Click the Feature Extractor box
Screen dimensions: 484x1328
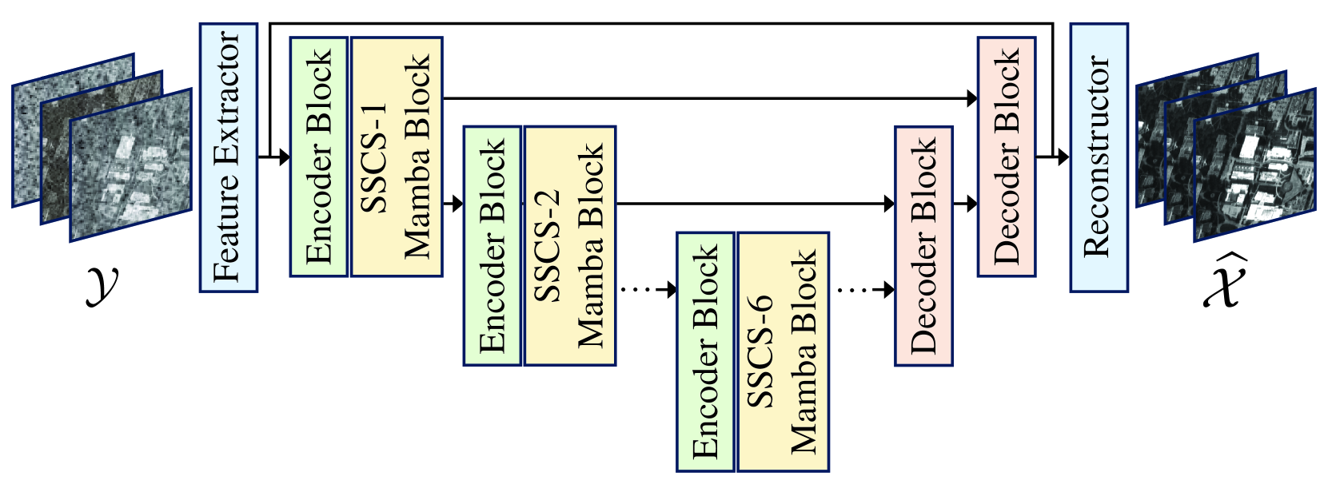coord(228,157)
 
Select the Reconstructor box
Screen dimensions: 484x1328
coord(1099,157)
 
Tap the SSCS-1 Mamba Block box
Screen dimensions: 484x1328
coord(397,157)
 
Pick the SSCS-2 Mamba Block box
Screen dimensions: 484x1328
coord(569,246)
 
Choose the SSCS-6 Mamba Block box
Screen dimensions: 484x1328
coord(783,351)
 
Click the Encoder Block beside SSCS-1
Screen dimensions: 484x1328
coord(318,157)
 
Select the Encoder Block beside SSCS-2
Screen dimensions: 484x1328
coord(492,246)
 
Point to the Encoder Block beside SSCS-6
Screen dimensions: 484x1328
coord(705,351)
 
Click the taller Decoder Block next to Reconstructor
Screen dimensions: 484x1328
coord(1006,157)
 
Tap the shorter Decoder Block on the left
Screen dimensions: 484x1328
coord(923,246)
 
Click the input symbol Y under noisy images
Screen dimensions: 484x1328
coord(103,284)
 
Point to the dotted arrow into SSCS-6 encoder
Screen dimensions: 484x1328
coord(648,290)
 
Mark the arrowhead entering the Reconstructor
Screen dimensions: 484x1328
coord(1063,157)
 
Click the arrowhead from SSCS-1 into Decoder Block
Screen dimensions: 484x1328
coord(971,99)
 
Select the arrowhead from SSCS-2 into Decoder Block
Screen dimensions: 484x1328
coord(888,204)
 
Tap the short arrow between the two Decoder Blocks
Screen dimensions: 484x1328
coord(965,204)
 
